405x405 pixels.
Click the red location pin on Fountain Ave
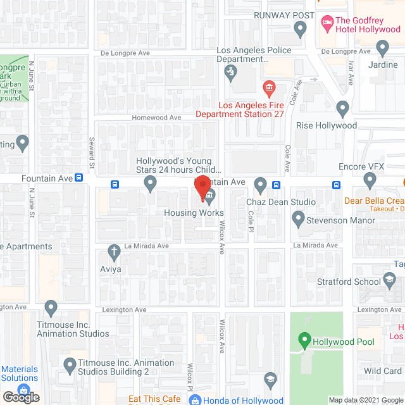[x=202, y=188]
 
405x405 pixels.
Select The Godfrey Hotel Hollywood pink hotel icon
[x=327, y=23]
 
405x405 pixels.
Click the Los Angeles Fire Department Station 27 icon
[x=269, y=86]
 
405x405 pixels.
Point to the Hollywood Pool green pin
[x=304, y=341]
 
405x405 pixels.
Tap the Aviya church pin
[x=114, y=252]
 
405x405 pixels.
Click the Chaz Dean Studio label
[x=280, y=202]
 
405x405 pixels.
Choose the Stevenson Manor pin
[x=299, y=220]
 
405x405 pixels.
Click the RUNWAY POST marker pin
[x=301, y=29]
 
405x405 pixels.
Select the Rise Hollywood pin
[x=342, y=109]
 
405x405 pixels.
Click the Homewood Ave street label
[x=156, y=118]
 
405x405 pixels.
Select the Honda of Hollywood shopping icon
[x=196, y=401]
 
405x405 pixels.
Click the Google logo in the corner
[x=20, y=397]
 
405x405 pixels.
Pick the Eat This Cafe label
[x=154, y=399]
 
